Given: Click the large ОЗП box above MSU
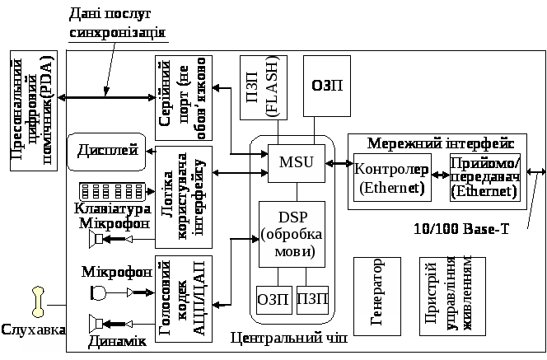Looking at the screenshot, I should point(327,86).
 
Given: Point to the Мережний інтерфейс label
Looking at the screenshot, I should point(441,143).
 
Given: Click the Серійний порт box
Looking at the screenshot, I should point(183,99).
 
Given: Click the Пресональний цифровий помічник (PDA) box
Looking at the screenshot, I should point(37,110).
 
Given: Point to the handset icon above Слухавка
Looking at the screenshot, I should point(37,301).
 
